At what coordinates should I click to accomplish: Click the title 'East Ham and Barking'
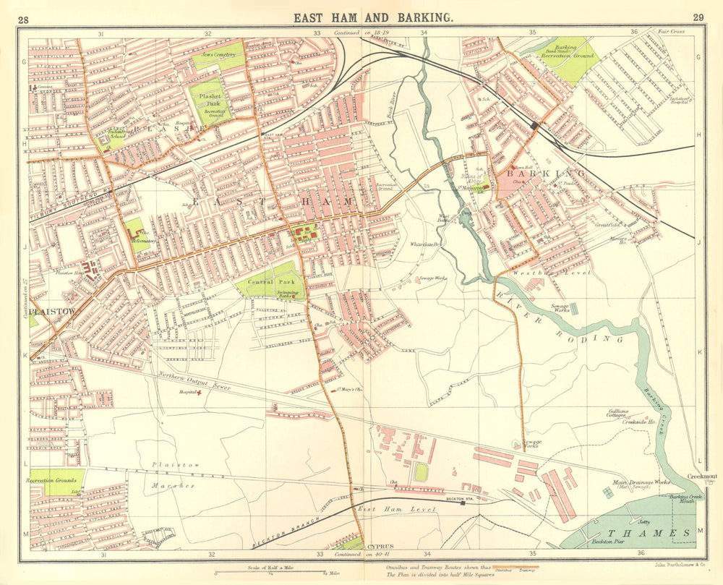373,19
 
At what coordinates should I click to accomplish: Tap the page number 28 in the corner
23,19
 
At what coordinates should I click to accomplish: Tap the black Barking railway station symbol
534,126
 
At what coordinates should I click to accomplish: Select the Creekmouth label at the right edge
702,477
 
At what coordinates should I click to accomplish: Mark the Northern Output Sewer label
194,380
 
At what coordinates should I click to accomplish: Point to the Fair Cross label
670,32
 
